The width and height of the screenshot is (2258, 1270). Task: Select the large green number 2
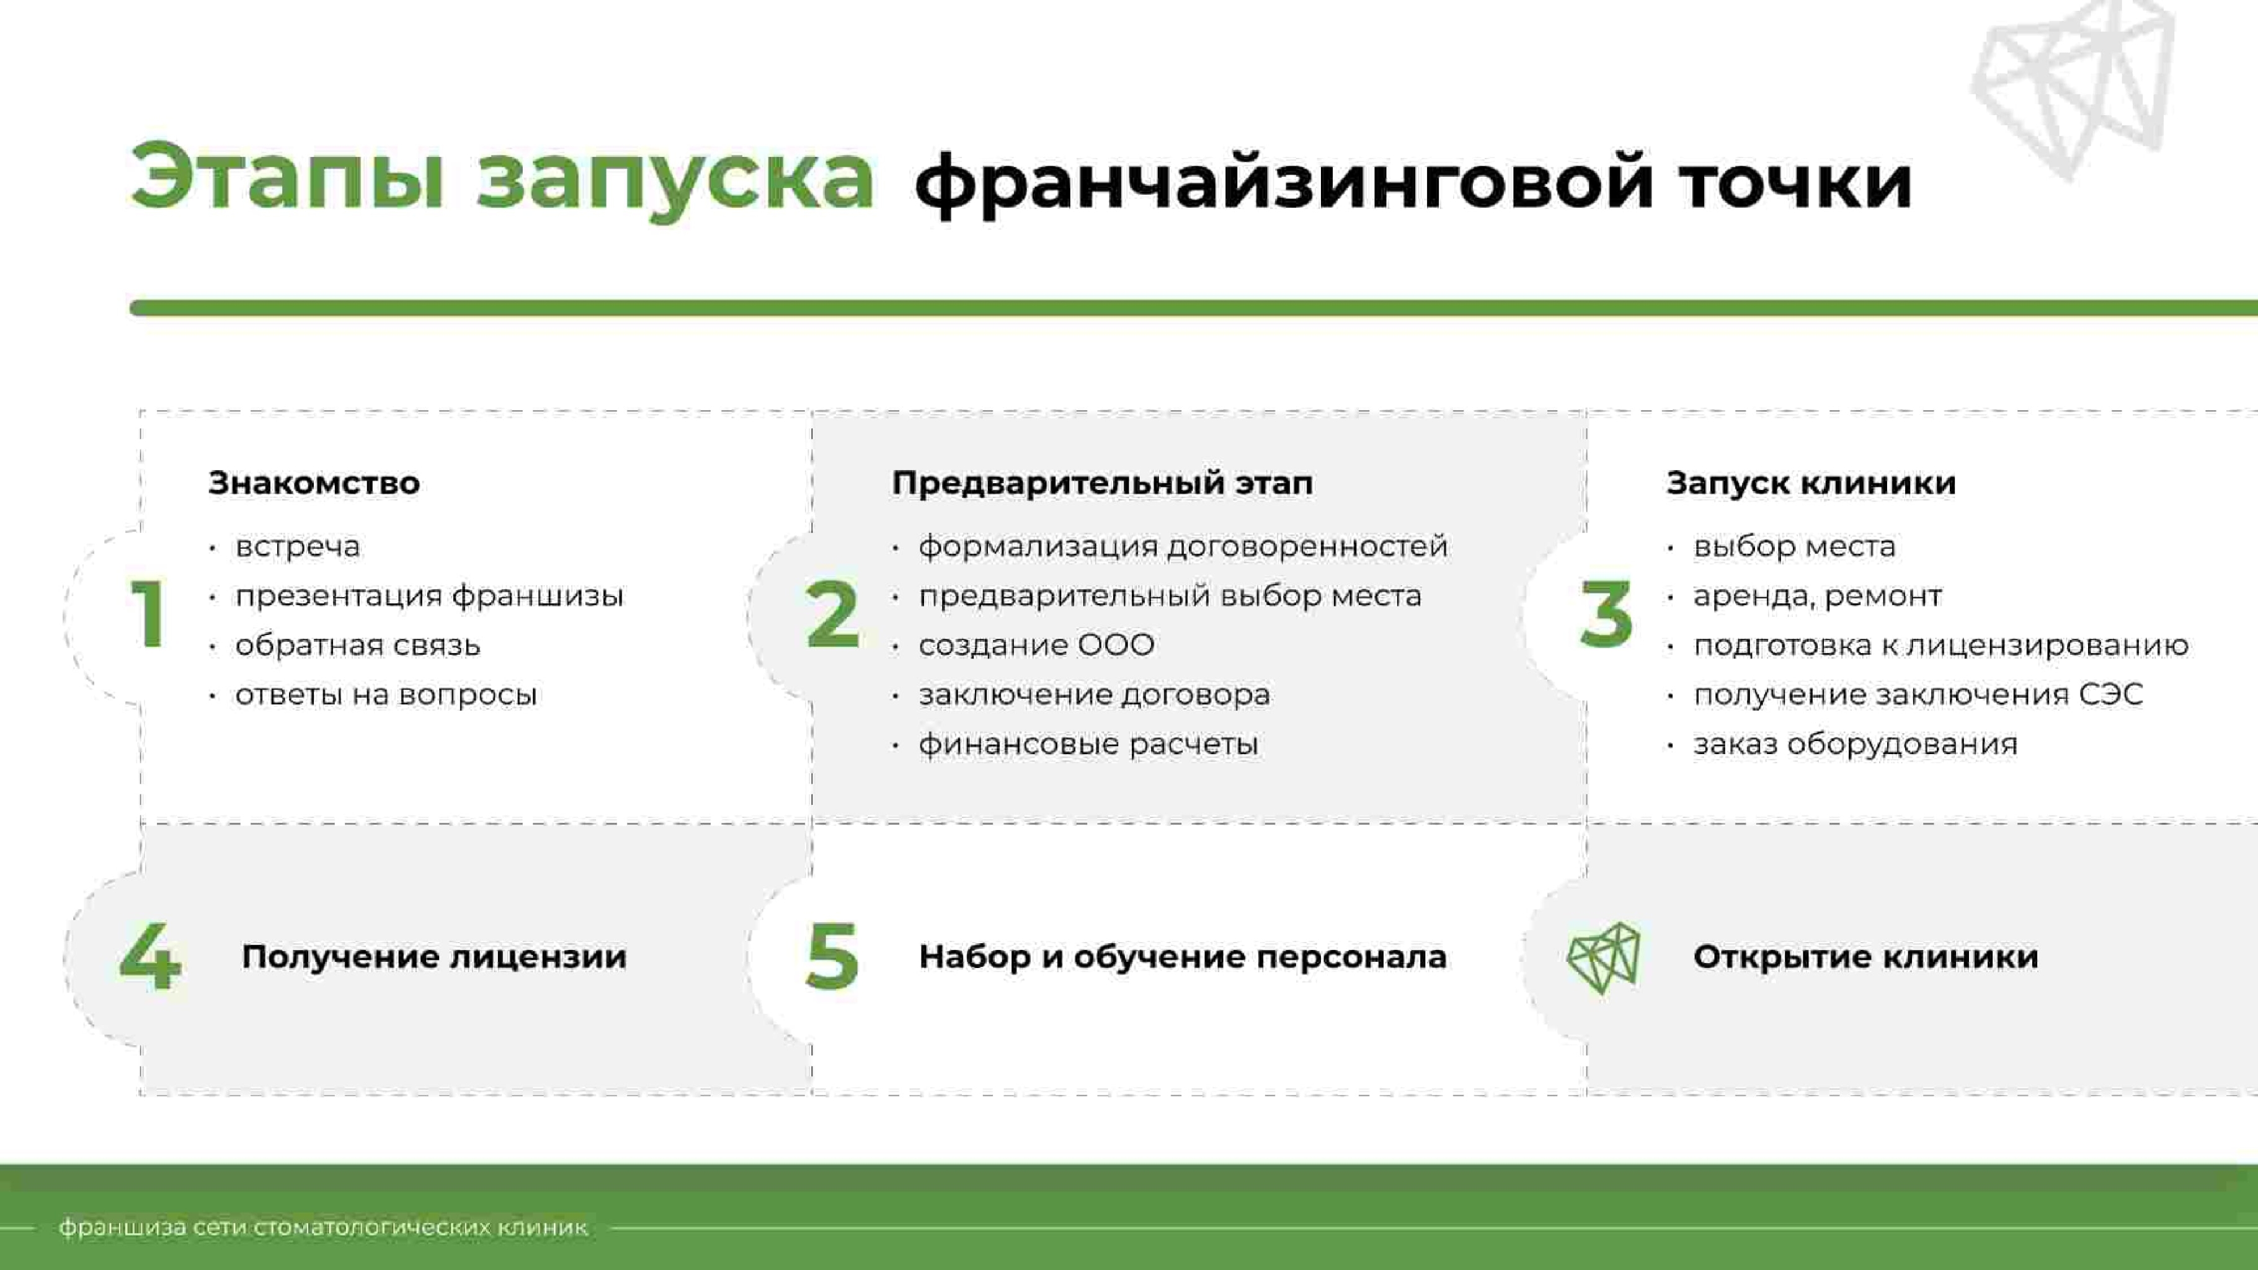click(831, 615)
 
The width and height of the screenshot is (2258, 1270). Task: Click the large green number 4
click(150, 956)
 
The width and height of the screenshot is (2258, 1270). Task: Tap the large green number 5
click(831, 956)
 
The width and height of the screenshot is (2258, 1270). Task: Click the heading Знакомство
click(314, 483)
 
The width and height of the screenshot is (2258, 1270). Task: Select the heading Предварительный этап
click(1102, 483)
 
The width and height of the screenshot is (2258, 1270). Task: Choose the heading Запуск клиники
click(1811, 483)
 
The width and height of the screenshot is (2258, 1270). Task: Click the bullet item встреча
click(297, 547)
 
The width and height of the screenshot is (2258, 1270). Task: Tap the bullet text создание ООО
click(1036, 645)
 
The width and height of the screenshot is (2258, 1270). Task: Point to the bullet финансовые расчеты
click(1088, 744)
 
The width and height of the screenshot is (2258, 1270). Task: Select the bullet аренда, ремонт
click(1817, 596)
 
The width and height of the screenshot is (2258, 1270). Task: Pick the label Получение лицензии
click(434, 956)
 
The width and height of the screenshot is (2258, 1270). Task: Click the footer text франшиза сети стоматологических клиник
click(322, 1227)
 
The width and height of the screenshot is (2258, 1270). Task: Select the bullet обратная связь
click(358, 645)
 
